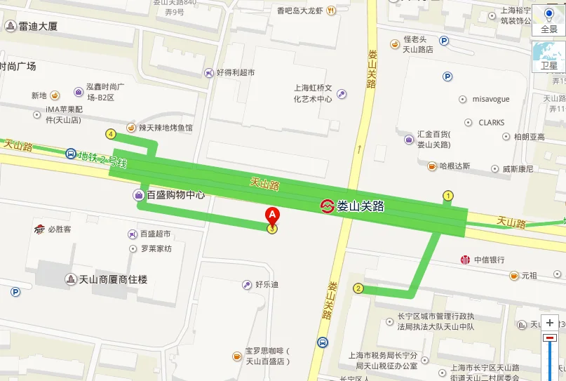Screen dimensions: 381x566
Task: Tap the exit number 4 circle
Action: point(111,133)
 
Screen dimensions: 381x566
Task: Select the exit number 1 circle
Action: point(447,195)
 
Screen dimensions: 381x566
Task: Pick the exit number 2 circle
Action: point(358,288)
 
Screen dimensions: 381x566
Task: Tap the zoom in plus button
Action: point(551,323)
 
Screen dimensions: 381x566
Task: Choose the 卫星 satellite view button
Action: point(548,56)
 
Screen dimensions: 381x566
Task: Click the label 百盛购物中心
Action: point(175,195)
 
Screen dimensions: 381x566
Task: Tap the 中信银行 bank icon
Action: point(465,260)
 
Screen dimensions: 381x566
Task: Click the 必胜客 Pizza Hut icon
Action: point(39,229)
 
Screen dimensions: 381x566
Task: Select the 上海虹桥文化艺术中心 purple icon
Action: point(342,93)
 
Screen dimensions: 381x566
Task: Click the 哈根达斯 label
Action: point(454,166)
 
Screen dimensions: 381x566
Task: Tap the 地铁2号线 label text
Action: point(102,159)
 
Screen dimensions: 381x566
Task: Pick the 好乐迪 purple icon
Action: point(246,284)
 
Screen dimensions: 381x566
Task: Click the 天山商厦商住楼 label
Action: point(116,279)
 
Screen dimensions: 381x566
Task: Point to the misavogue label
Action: point(491,100)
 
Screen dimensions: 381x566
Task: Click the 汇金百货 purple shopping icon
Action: point(409,140)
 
